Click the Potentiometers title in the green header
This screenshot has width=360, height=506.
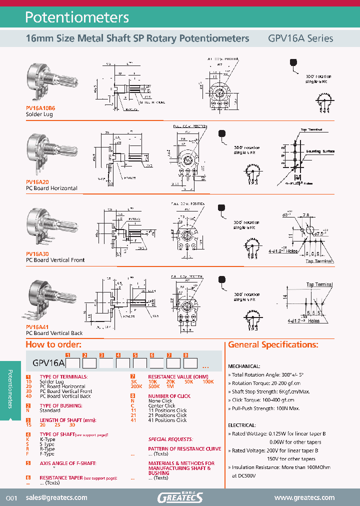click(77, 17)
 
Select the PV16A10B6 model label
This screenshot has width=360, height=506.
click(40, 108)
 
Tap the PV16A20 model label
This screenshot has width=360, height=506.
click(37, 182)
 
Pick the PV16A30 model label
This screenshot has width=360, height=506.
click(37, 254)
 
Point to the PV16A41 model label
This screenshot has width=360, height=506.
click(37, 327)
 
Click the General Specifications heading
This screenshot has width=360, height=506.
click(273, 344)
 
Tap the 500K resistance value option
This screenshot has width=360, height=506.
click(154, 386)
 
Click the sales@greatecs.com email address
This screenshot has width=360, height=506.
click(56, 497)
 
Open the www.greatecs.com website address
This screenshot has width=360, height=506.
click(304, 497)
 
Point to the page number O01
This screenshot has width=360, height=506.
click(11, 498)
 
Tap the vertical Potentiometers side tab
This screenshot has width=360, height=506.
click(10, 390)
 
